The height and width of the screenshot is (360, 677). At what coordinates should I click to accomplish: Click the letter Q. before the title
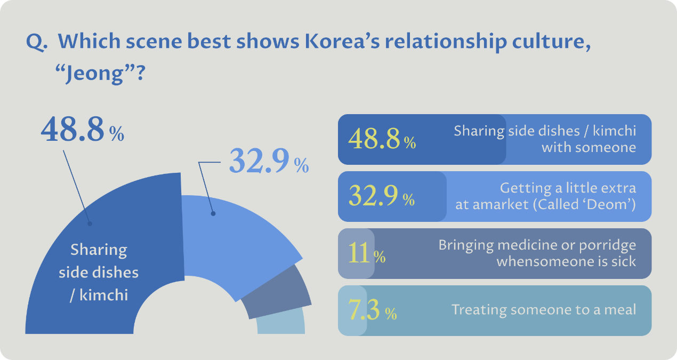(x=37, y=43)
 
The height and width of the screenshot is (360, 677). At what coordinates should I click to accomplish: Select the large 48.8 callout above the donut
(x=72, y=130)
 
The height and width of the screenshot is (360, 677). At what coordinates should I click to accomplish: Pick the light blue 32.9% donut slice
(x=235, y=235)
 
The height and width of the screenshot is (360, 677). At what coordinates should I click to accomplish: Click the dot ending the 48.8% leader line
(x=90, y=224)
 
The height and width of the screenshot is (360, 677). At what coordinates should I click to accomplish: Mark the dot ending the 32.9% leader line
(x=213, y=214)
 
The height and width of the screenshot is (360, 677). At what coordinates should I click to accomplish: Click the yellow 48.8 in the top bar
(x=374, y=140)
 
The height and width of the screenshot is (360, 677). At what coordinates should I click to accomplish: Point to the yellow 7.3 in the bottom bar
(x=365, y=310)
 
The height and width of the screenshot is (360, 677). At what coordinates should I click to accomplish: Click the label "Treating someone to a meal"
(x=544, y=309)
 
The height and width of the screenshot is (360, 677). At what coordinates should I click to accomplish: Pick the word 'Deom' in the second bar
(x=613, y=204)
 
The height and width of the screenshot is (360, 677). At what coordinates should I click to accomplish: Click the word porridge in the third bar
(x=610, y=245)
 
